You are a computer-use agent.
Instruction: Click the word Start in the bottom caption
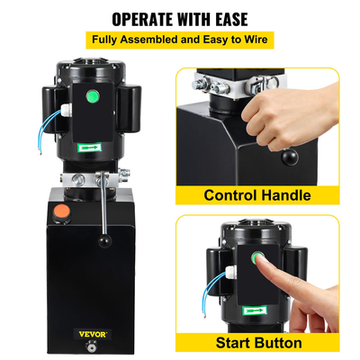pyautogui.click(x=234, y=343)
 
